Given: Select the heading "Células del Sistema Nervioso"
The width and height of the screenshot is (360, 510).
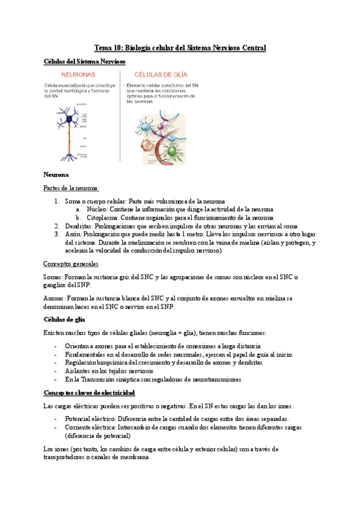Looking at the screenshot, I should pyautogui.click(x=84, y=61).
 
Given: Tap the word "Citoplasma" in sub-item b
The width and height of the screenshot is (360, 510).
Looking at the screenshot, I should pyautogui.click(x=103, y=217).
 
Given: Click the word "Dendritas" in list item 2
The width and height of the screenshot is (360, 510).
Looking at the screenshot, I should pyautogui.click(x=79, y=226).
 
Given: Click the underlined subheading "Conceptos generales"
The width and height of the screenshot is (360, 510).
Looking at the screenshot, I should pyautogui.click(x=72, y=263).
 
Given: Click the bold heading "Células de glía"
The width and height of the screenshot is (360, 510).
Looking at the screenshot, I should pyautogui.click(x=66, y=319).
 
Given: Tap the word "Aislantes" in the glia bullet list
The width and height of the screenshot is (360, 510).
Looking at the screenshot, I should pyautogui.click(x=79, y=371).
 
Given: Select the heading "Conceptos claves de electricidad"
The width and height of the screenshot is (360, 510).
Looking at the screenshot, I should pyautogui.click(x=89, y=392).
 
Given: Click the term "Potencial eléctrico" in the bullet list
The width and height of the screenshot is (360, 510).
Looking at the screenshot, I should pyautogui.click(x=90, y=419).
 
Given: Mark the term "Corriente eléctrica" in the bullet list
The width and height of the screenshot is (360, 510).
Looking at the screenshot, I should pyautogui.click(x=90, y=427).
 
